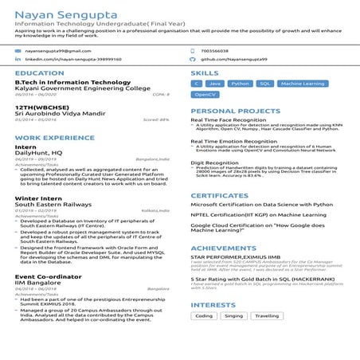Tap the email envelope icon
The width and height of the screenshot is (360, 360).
click(x=18, y=50)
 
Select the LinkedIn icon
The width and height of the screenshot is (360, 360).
click(x=18, y=59)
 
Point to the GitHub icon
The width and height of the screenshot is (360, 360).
click(x=193, y=59)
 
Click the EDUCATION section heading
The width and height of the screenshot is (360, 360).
click(x=34, y=73)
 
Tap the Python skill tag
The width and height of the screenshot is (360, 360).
click(x=240, y=84)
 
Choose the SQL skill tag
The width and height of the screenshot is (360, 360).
click(x=264, y=84)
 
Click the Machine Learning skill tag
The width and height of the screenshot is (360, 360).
click(x=303, y=84)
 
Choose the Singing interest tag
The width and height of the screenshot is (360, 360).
click(x=233, y=316)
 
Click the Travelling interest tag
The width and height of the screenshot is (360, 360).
click(x=267, y=316)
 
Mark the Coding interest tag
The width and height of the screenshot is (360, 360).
click(x=204, y=316)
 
